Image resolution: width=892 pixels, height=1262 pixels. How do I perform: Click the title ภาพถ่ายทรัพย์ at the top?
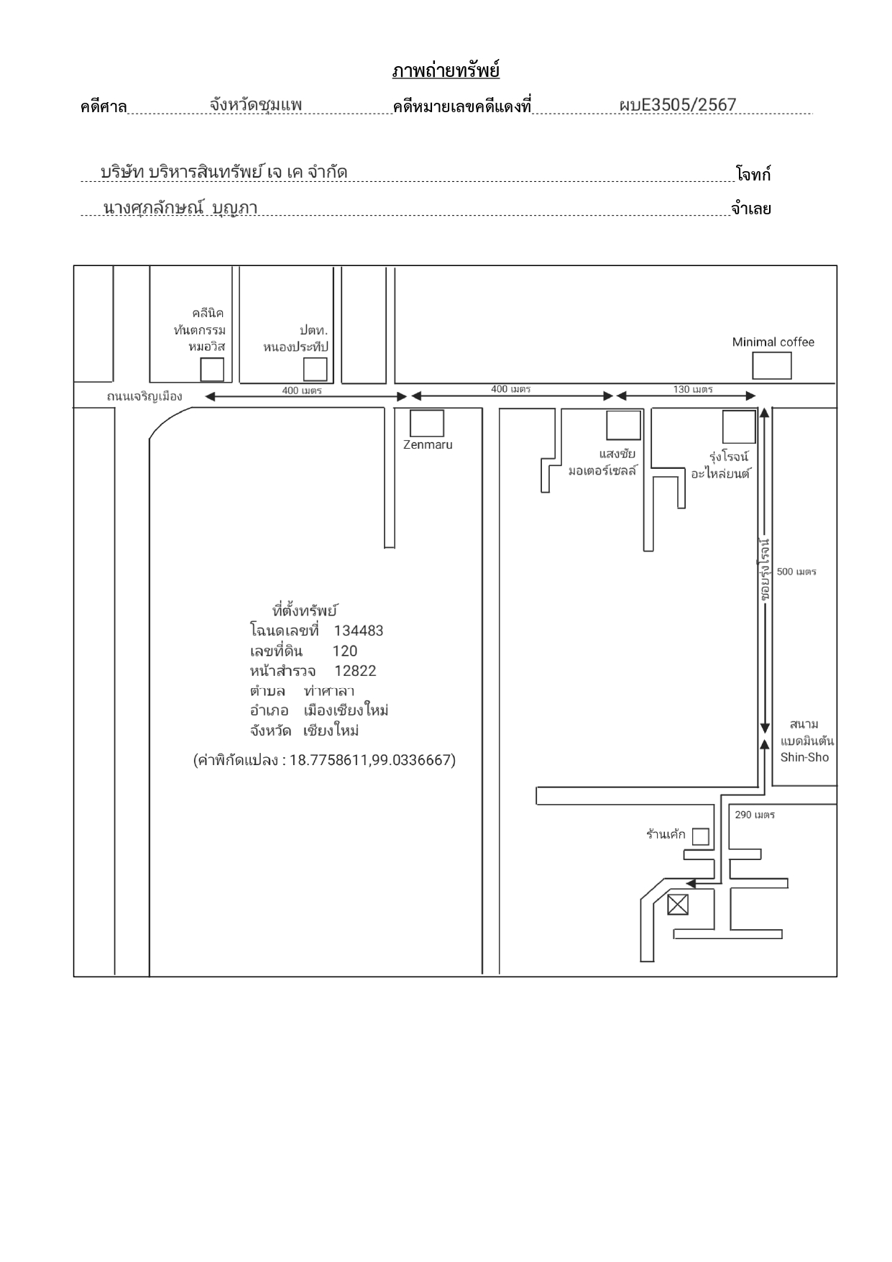[x=446, y=70]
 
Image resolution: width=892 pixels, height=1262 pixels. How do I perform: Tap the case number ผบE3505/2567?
[x=677, y=105]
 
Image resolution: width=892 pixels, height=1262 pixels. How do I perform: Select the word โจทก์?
[x=753, y=174]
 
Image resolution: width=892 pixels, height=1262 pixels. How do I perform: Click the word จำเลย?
[x=751, y=209]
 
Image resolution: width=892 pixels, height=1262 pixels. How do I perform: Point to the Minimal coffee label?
[x=773, y=342]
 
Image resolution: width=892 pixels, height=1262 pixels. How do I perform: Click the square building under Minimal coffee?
[x=772, y=366]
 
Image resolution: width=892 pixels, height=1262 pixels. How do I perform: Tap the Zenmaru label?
[x=428, y=444]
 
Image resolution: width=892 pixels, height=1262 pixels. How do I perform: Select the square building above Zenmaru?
[x=427, y=424]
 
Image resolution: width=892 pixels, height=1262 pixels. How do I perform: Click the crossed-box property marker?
[x=678, y=905]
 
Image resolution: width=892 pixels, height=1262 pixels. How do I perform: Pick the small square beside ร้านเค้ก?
[x=700, y=836]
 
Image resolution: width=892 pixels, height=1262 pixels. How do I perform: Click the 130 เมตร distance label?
[x=693, y=389]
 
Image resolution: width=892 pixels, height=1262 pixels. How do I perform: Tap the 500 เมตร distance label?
[x=796, y=572]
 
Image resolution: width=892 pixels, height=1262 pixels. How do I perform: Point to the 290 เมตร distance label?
[x=755, y=815]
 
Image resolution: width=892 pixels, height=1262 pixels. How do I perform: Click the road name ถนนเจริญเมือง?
[x=144, y=396]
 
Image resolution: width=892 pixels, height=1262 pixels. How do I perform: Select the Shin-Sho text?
[x=804, y=757]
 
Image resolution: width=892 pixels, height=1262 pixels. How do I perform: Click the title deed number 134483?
[x=359, y=631]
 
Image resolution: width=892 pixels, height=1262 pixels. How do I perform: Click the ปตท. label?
[x=313, y=331]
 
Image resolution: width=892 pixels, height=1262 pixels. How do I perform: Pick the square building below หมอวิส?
[x=212, y=370]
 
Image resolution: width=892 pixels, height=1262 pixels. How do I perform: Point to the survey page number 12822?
[x=355, y=671]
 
